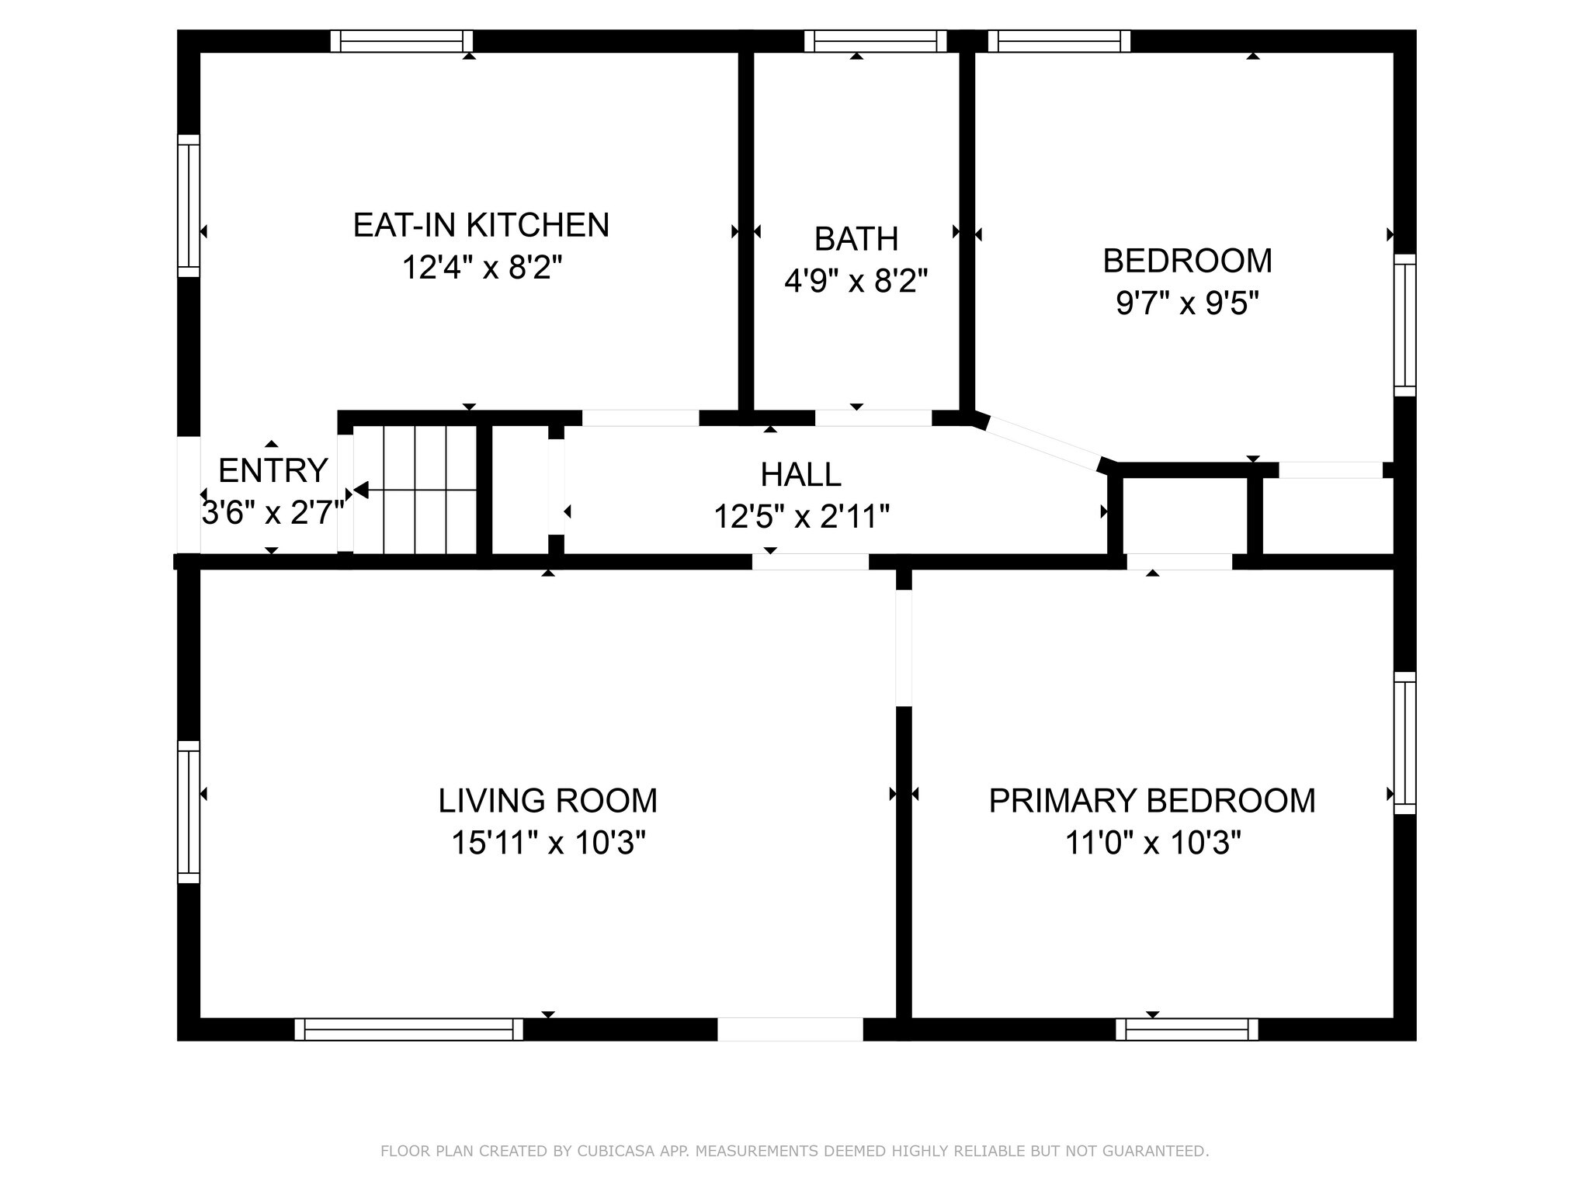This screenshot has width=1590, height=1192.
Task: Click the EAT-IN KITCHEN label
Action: point(481,225)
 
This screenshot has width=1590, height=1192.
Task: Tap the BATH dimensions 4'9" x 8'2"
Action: point(856,280)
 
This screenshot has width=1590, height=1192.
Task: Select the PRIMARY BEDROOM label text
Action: point(1151,801)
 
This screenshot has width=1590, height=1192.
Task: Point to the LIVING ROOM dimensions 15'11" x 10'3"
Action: point(548,842)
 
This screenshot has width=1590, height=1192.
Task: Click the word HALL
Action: point(800,474)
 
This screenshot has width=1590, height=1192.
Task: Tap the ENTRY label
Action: point(273,470)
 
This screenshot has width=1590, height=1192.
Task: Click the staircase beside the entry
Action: point(415,490)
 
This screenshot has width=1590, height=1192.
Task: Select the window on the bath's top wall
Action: point(875,41)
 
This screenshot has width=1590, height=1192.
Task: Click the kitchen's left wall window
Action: point(189,206)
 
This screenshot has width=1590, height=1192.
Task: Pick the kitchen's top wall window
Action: point(401,41)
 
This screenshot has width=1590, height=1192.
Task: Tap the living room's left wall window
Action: point(189,812)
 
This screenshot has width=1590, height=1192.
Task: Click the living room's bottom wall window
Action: point(408,1030)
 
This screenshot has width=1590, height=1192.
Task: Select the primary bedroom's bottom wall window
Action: point(1186,1030)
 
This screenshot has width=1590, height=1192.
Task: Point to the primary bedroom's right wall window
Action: point(1404,743)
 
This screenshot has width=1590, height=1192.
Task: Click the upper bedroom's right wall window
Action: point(1404,325)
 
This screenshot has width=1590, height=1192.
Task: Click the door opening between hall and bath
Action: point(873,418)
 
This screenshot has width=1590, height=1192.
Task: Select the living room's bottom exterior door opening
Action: point(790,1030)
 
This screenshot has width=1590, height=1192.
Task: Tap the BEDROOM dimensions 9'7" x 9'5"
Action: point(1186,303)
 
